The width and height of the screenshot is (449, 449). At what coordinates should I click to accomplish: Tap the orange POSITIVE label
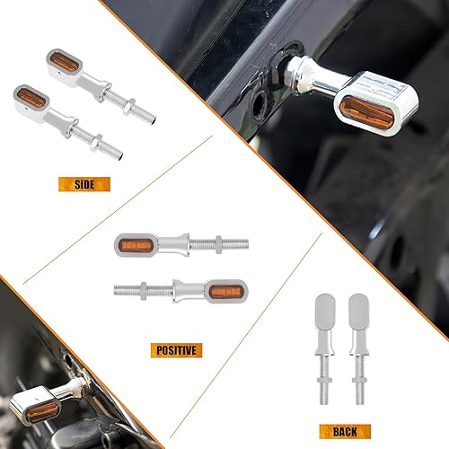[175, 349]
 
